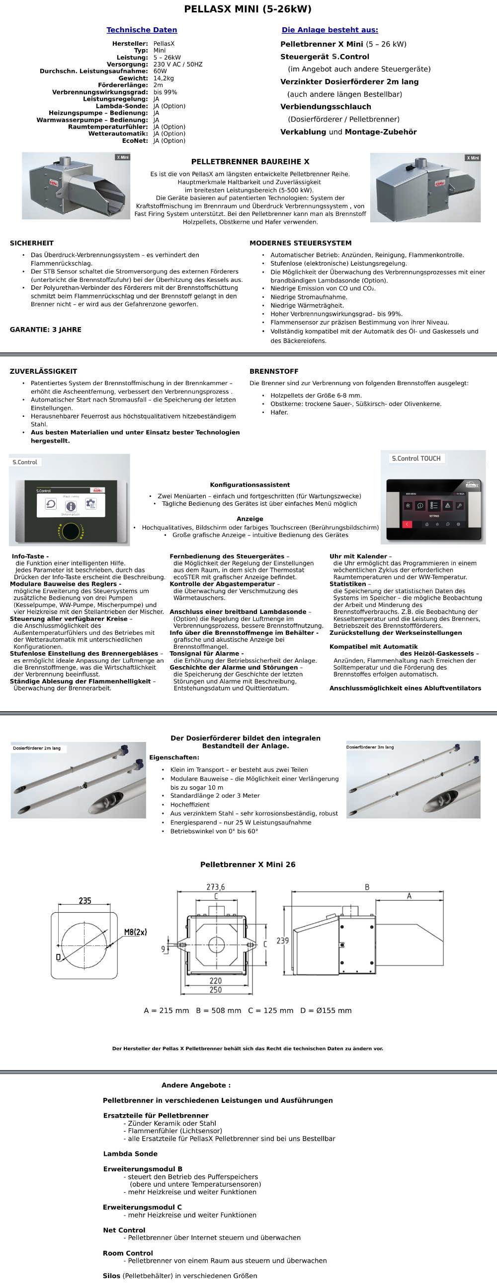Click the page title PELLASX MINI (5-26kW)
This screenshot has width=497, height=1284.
pos(248,9)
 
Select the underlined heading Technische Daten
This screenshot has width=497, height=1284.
pos(142,30)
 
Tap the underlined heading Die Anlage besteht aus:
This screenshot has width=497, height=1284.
pos(330,30)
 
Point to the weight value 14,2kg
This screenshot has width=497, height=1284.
pos(164,78)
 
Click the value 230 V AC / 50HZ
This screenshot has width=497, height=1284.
pos(177,65)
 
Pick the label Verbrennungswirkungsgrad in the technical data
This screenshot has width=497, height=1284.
pos(100,92)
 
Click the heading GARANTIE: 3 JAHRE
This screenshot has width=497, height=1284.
pos(45,330)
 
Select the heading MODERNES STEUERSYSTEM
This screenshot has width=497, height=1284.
pos(300,243)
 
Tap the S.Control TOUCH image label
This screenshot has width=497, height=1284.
pos(416,459)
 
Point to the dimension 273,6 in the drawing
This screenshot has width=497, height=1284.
pos(216,887)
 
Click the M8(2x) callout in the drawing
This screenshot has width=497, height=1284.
pos(135,932)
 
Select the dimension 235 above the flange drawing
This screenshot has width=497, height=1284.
pos(85,901)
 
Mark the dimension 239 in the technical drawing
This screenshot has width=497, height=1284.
pos(282,941)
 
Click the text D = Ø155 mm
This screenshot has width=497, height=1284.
pos(326,1011)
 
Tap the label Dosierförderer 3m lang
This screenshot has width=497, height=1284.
pos(370,747)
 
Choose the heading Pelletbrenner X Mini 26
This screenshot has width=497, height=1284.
pos(248,864)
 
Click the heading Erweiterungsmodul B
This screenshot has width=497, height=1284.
pos(143,1169)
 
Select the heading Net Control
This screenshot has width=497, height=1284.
pos(124,1230)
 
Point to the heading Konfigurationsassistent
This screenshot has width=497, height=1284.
pos(249,484)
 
